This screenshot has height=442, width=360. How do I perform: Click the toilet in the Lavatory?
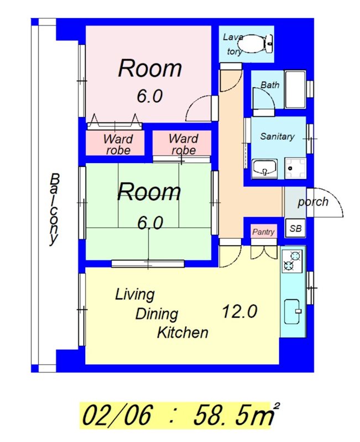pyautogui.click(x=255, y=44)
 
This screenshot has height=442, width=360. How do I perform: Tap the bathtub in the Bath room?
pyautogui.click(x=295, y=90)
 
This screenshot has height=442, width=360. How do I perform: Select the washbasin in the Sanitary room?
pyautogui.click(x=264, y=169)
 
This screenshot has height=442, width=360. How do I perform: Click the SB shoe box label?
pyautogui.click(x=295, y=228)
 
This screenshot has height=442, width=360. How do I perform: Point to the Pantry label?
pyautogui.click(x=263, y=231)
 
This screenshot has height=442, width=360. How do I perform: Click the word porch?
pyautogui.click(x=313, y=202)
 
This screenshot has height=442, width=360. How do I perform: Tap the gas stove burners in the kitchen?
pyautogui.click(x=292, y=260)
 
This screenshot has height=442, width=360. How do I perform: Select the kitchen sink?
pyautogui.click(x=293, y=311)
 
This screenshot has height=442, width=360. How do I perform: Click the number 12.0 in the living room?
pyautogui.click(x=239, y=312)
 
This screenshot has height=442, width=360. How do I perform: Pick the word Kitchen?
pyautogui.click(x=182, y=333)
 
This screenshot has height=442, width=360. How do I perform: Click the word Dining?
pyautogui.click(x=156, y=314)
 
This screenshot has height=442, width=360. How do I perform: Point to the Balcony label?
pyautogui.click(x=54, y=209)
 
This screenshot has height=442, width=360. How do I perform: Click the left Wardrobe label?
pyautogui.click(x=118, y=144)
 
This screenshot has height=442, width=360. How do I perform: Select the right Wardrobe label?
pyautogui.click(x=184, y=144)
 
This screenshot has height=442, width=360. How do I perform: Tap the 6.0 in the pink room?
pyautogui.click(x=149, y=96)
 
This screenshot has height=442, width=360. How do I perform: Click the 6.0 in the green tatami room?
pyautogui.click(x=150, y=223)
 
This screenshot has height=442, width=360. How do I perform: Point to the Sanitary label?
pyautogui.click(x=277, y=136)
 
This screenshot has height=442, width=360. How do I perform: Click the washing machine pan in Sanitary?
pyautogui.click(x=295, y=169)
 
